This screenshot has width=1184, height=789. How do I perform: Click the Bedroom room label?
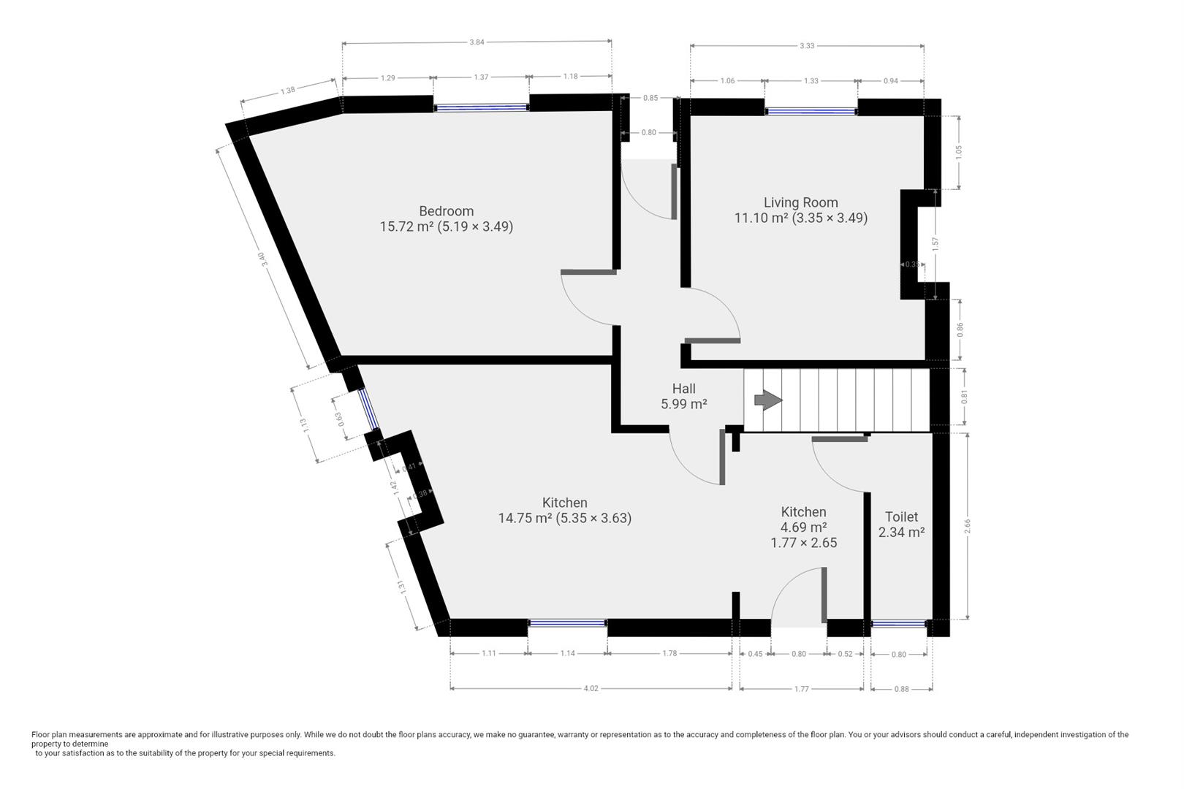(446, 211)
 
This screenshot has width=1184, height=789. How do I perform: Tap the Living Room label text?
(800, 202)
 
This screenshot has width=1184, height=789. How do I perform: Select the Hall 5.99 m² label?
(683, 396)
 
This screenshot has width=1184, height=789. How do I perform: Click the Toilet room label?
(901, 517)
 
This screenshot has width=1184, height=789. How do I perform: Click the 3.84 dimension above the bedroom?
(476, 42)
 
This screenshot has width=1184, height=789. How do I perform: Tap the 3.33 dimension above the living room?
(806, 46)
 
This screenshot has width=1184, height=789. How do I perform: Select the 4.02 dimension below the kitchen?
(590, 688)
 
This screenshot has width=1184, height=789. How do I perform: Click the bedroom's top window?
(480, 107)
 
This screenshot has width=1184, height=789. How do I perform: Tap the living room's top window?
(811, 112)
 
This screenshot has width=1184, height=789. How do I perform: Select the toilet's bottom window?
(899, 624)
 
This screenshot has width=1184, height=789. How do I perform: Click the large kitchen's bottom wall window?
(567, 623)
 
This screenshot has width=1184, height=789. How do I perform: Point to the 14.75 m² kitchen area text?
(564, 518)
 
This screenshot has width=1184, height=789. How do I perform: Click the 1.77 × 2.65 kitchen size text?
(803, 543)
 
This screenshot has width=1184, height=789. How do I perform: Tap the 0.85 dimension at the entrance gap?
(650, 98)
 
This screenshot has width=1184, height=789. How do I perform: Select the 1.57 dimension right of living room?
(936, 244)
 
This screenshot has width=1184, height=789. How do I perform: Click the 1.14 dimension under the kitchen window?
(567, 654)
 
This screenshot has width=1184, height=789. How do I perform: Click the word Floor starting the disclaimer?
(41, 734)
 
